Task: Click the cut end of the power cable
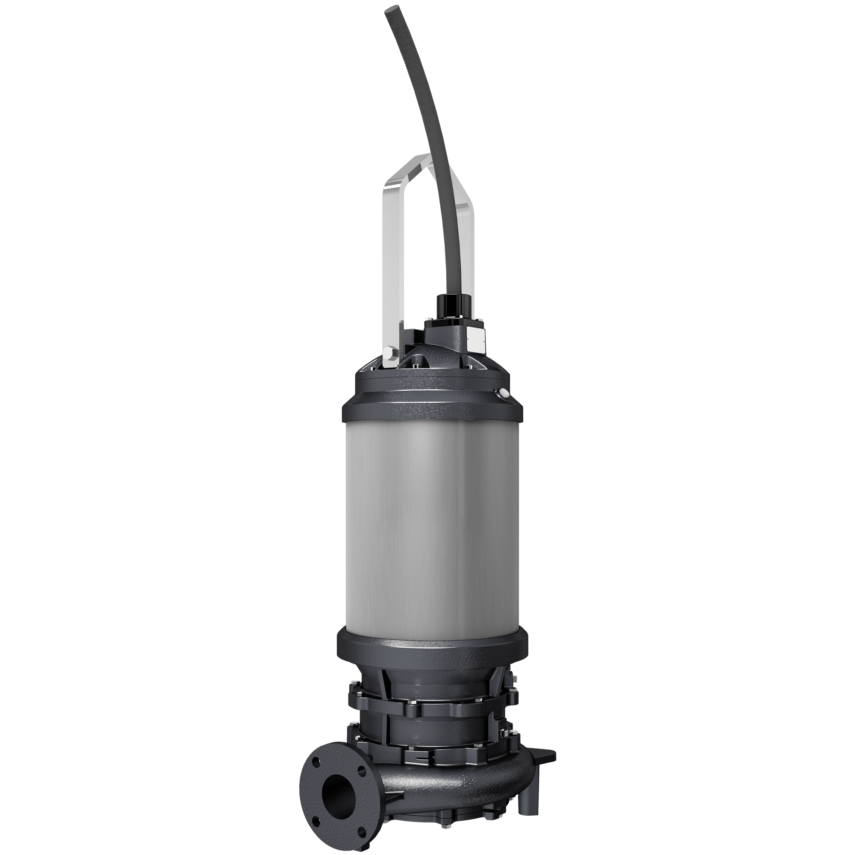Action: (x=392, y=10)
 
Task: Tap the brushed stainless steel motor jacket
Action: (x=431, y=522)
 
